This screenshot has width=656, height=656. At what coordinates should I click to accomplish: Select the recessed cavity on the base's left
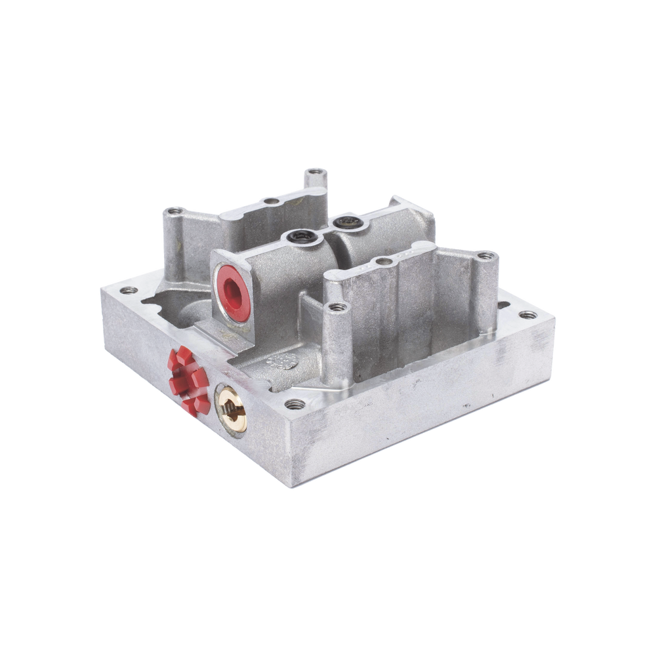pos(171,308)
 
